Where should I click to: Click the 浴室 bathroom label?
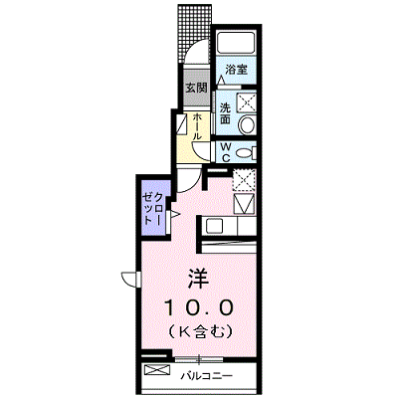click(x=236, y=70)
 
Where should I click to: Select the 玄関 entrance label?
click(x=196, y=88)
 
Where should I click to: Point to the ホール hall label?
click(x=197, y=126)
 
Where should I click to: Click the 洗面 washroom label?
click(x=226, y=113)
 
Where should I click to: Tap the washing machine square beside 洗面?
click(x=246, y=102)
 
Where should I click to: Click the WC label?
click(x=226, y=152)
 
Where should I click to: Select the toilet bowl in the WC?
click(x=246, y=152)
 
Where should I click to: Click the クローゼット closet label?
click(x=153, y=208)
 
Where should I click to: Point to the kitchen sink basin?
click(x=212, y=226)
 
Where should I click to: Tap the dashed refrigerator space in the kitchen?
click(x=244, y=179)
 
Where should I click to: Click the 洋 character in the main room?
click(x=199, y=279)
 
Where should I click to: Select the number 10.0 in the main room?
click(x=199, y=307)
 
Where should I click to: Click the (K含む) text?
click(x=199, y=331)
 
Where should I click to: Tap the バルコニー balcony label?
click(x=207, y=376)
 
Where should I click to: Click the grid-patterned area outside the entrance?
click(x=194, y=33)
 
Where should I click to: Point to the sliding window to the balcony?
click(x=199, y=359)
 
